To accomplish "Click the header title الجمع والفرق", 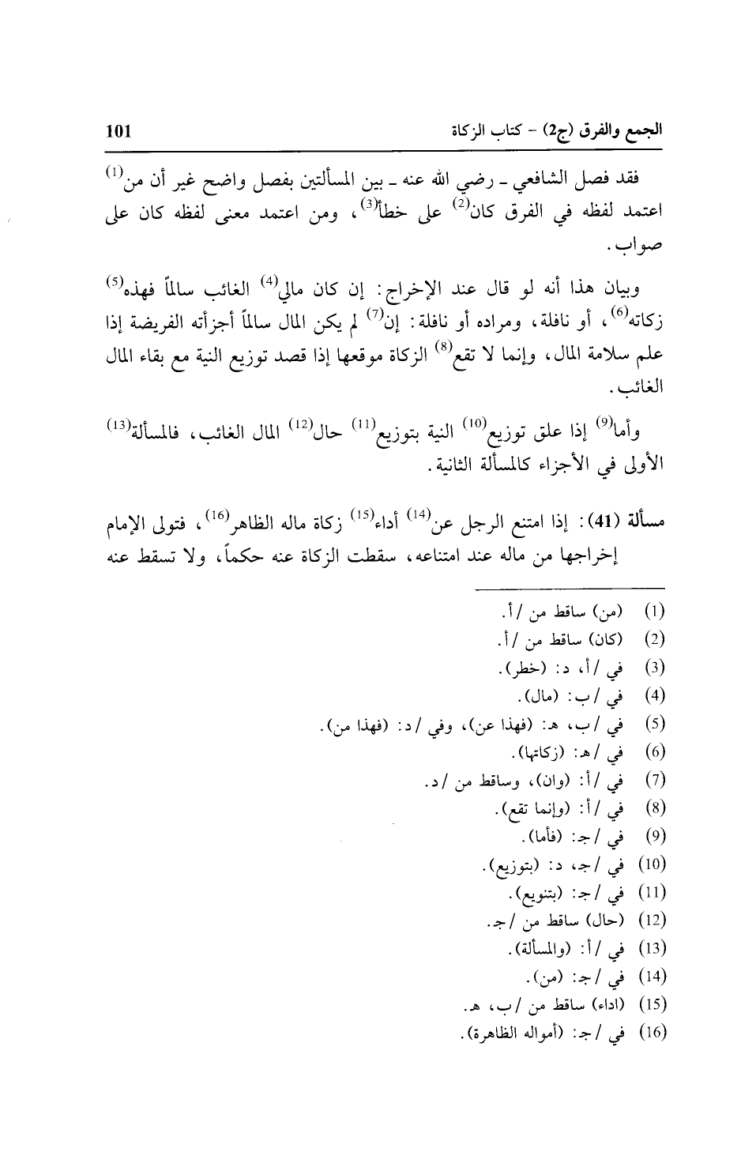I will (x=616, y=130).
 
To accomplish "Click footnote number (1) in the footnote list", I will (x=655, y=613).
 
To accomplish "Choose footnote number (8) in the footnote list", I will (x=656, y=809).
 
